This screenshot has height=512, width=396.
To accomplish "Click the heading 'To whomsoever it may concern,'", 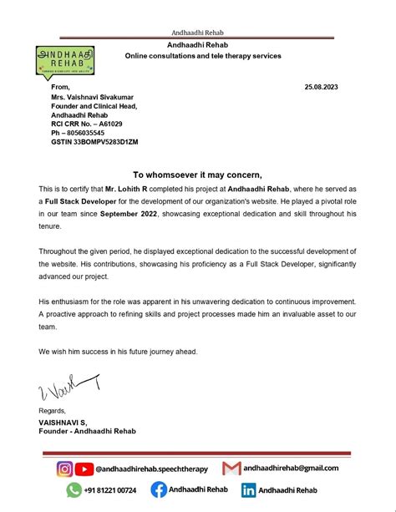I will pos(198,175).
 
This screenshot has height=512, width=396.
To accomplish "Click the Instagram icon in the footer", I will pos(65,469).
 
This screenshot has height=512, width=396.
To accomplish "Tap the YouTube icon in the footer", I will pos(84,469).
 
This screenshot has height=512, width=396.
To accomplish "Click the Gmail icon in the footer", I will pos(231,468).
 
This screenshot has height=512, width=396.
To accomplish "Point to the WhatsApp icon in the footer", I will pos(65,490).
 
